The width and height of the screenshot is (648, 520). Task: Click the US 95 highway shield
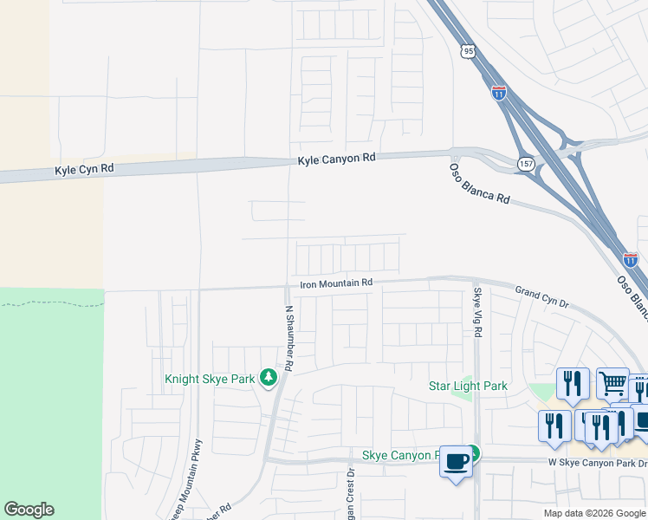[469, 52]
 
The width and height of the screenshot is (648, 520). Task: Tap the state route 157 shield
[527, 164]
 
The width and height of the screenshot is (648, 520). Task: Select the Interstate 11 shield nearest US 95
[499, 92]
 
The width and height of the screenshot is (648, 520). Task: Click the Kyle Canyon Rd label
[337, 159]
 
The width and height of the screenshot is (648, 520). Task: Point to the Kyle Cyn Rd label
[84, 170]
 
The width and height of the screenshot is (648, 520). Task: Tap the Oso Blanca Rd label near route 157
[479, 183]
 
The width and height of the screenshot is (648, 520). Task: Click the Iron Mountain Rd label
[336, 283]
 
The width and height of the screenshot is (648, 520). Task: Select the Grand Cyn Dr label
[541, 297]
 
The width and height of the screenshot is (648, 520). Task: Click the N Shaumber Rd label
[289, 340]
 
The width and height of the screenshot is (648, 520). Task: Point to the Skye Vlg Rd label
[476, 313]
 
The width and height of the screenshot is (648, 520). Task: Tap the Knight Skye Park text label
[211, 379]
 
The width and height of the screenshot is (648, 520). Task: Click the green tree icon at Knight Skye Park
[269, 377]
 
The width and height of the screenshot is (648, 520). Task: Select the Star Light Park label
[468, 386]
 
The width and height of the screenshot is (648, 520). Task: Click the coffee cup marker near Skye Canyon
[457, 460]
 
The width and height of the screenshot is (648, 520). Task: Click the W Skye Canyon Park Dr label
[598, 463]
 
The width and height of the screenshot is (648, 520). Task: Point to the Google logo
[29, 510]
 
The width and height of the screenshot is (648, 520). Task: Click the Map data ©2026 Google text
[593, 513]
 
